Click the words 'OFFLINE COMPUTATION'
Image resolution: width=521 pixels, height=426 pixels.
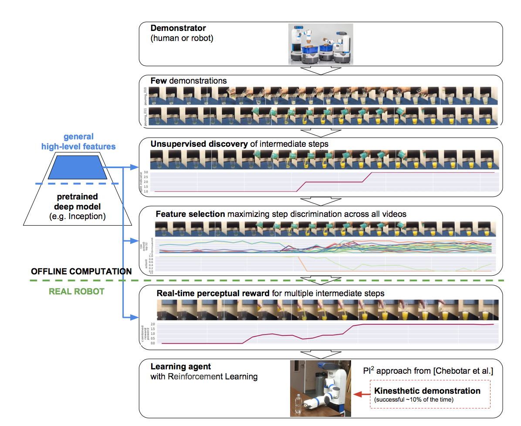pos(81,271)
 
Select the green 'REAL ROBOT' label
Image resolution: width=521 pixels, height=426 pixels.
pos(77,291)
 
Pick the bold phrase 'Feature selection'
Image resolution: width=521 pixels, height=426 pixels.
pos(190,214)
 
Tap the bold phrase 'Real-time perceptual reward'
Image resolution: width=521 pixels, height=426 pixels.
pos(213,293)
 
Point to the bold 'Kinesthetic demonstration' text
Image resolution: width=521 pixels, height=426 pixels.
pos(427,391)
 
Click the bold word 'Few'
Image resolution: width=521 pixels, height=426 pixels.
pos(158,81)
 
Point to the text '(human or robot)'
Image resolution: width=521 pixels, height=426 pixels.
pos(182,38)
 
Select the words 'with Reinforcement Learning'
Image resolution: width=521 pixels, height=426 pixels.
pos(204,377)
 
